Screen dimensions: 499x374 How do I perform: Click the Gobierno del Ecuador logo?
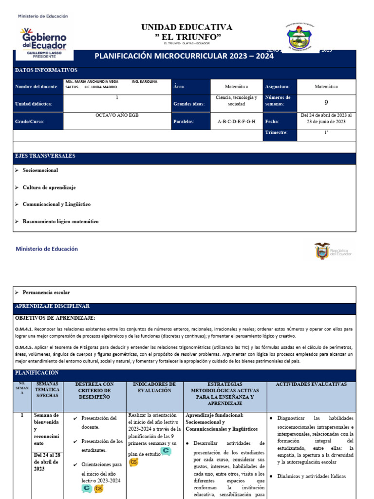click(43, 43)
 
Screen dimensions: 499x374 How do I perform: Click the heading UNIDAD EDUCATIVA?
click(187, 27)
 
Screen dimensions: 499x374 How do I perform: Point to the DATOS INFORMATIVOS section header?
click(46, 70)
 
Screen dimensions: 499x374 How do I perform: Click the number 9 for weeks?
click(326, 103)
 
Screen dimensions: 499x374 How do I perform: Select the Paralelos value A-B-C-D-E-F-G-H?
click(236, 121)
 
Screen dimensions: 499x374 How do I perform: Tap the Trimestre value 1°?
click(326, 133)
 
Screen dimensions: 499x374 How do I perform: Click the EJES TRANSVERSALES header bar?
click(45, 156)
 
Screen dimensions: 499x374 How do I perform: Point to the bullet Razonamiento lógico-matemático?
click(60, 221)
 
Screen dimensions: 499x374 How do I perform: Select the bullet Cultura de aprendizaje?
click(49, 188)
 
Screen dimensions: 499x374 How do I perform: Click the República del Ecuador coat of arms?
click(322, 250)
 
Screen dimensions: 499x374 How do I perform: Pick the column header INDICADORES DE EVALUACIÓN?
click(154, 387)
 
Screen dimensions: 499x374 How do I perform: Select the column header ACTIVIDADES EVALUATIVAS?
click(311, 384)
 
